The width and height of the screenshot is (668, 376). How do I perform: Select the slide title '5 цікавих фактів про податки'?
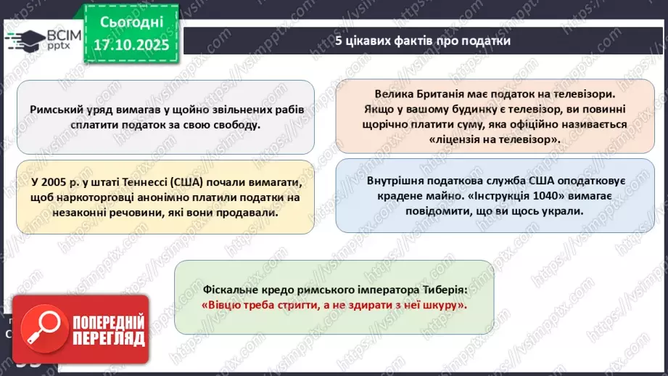coord(423,41)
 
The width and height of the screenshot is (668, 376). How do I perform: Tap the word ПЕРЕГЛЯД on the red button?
coord(107,338)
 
